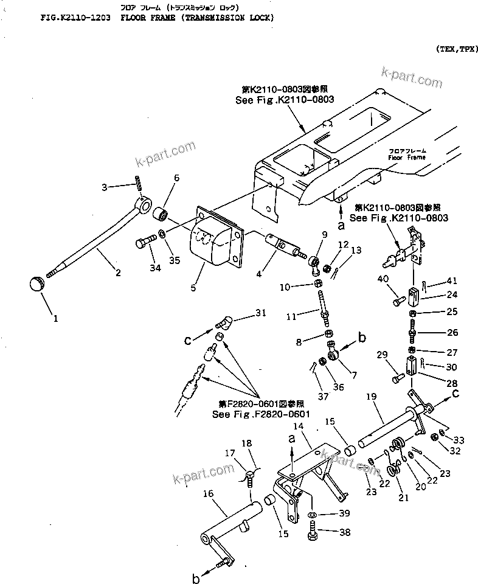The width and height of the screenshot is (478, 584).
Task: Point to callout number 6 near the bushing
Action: (x=177, y=178)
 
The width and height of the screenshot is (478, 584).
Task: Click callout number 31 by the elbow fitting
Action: (x=260, y=313)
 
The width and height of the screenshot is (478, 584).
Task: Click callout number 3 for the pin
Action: (x=104, y=187)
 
